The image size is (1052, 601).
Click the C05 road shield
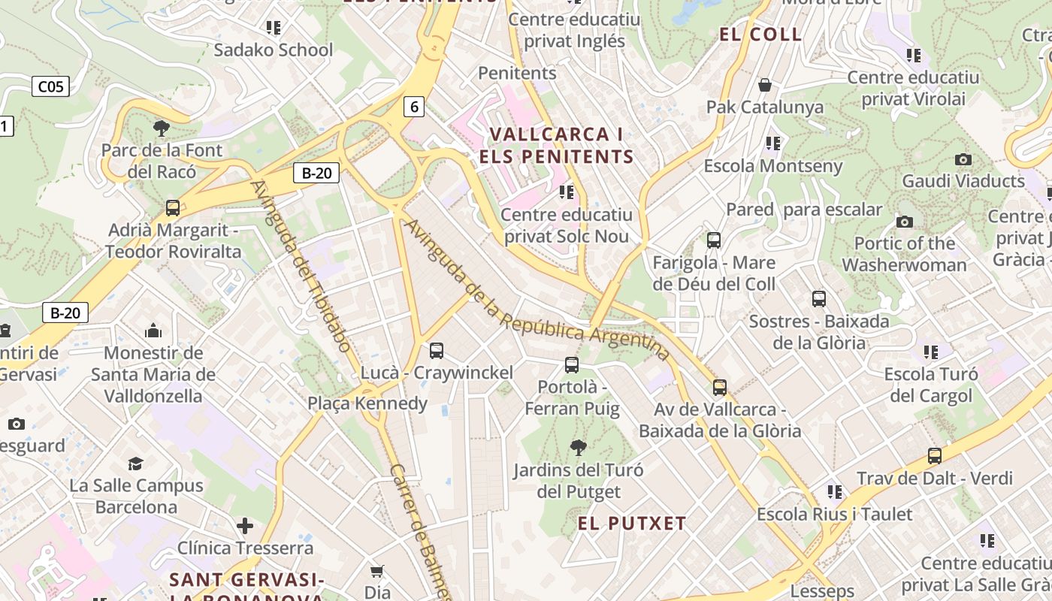pos(51,86)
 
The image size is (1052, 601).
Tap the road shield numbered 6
pos(414,107)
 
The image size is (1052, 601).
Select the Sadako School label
pos(273,50)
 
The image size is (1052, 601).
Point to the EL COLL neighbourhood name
pos(760,35)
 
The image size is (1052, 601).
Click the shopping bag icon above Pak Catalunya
pos(765,85)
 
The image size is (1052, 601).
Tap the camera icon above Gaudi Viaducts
pos(963,159)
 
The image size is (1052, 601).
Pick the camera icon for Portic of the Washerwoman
pos(905,222)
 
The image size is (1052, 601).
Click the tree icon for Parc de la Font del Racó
pos(162,128)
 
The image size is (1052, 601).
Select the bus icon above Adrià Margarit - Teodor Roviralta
pos(173,207)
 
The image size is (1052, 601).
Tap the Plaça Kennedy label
pos(367,403)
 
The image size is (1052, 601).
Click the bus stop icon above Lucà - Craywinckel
pos(437,350)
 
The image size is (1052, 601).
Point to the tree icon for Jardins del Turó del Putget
pos(578,448)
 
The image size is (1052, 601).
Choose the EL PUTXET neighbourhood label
pos(632,524)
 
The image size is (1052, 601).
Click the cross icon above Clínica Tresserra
pos(245,525)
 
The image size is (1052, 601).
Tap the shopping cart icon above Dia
pos(377,572)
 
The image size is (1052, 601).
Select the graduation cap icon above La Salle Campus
pos(136,464)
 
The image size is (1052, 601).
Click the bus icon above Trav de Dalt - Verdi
pos(935,455)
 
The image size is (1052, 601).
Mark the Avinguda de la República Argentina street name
pos(537,290)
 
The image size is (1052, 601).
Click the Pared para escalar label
pos(803,210)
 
